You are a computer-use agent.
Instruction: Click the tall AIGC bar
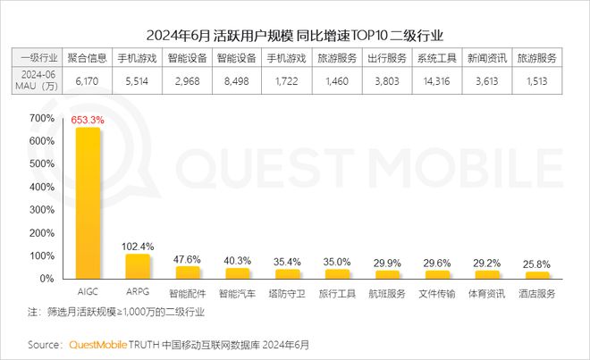(88, 203)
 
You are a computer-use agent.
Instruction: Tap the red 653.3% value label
(88, 119)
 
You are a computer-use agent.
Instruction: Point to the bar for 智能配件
(188, 272)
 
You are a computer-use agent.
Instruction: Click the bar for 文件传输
(438, 274)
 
